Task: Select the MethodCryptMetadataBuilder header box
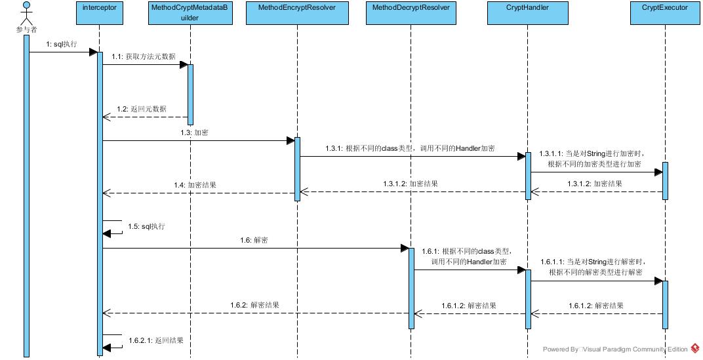(190, 14)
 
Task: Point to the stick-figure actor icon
(26, 13)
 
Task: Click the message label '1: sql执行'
(62, 45)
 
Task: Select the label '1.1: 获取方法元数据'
(143, 57)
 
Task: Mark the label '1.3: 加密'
(195, 132)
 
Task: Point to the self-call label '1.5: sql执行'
(146, 226)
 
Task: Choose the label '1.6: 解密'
(254, 240)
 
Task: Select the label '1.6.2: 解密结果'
(255, 305)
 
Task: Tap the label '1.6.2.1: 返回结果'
(155, 340)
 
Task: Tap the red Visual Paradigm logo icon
(695, 348)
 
